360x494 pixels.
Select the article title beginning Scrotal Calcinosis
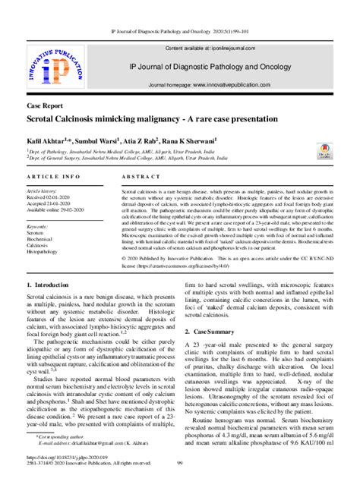pyautogui.click(x=153, y=119)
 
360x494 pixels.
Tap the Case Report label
pyautogui.click(x=45, y=107)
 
